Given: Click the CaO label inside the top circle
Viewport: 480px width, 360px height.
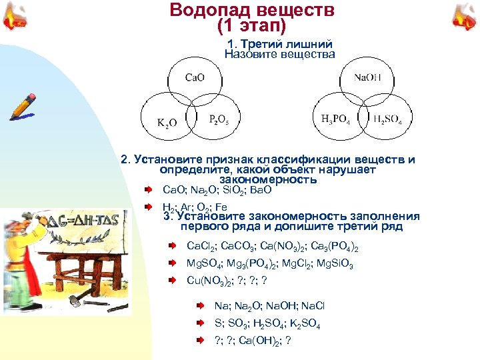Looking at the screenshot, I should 195,77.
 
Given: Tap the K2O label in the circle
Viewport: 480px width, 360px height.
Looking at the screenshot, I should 167,122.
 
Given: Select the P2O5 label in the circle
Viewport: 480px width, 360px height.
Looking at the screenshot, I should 219,120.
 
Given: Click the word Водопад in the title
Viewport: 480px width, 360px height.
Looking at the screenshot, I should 210,11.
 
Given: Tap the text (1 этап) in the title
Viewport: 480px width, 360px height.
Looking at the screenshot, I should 251,26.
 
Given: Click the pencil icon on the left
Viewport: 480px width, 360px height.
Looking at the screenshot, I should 22,106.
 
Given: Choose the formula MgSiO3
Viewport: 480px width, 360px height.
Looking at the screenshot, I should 335,264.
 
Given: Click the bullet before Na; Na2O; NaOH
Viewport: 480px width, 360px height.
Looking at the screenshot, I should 201,306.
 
